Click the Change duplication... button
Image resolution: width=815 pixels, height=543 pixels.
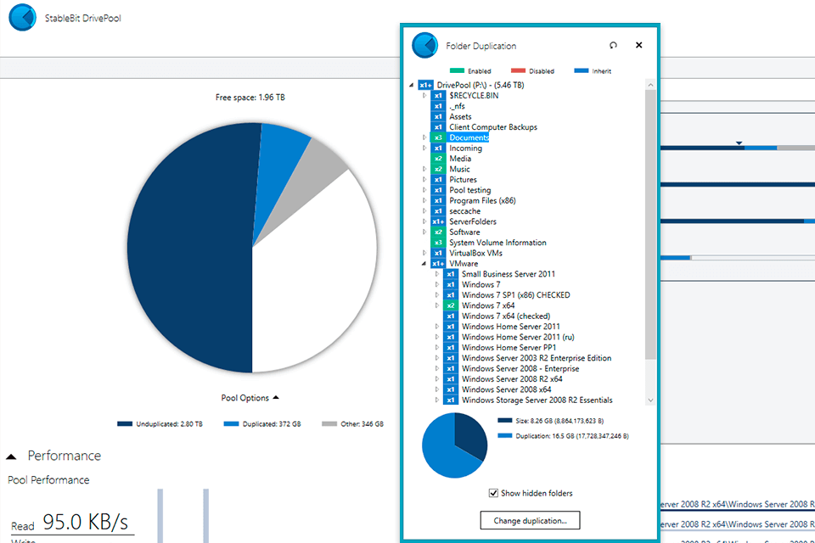click(531, 520)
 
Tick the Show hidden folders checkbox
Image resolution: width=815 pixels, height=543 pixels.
click(494, 493)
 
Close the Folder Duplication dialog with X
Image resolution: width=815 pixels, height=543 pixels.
click(639, 46)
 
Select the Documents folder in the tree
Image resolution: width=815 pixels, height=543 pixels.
click(469, 137)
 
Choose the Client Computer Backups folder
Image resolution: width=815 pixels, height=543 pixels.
click(492, 127)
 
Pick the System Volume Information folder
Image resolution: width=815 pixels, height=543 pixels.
click(497, 243)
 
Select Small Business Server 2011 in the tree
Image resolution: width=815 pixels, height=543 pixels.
click(509, 274)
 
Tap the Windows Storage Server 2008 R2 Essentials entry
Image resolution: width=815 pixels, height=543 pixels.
click(537, 400)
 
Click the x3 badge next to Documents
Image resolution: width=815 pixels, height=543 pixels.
click(438, 137)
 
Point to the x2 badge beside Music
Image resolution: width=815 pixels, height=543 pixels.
click(438, 169)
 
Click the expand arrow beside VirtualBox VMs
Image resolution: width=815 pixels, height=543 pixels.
click(425, 254)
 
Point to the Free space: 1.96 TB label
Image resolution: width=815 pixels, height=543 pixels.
click(250, 98)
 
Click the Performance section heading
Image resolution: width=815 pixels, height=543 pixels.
click(64, 456)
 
